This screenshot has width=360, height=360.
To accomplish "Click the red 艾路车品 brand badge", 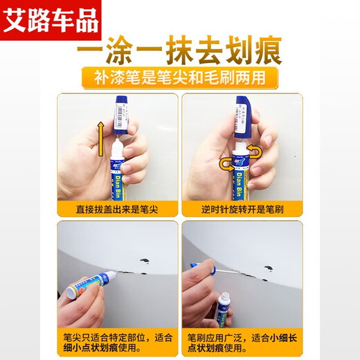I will [x=51, y=19].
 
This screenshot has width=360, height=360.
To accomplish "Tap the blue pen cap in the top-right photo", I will [x=243, y=114].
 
